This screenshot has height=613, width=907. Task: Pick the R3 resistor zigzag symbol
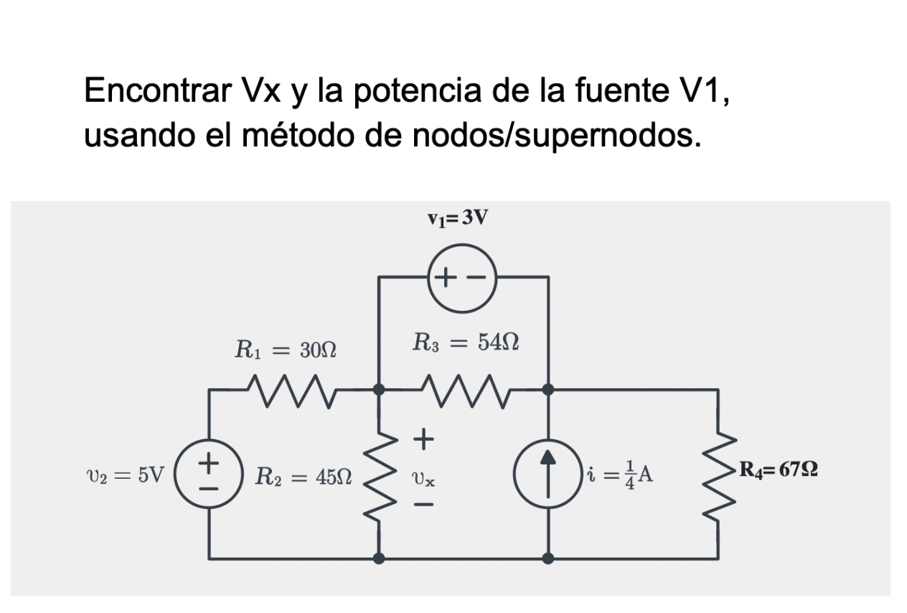464,390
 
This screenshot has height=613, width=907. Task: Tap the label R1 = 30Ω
286,351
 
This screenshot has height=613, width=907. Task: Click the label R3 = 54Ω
466,342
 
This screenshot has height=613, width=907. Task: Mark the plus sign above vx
423,437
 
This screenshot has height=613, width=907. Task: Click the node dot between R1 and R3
379,390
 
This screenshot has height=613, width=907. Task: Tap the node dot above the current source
548,390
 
